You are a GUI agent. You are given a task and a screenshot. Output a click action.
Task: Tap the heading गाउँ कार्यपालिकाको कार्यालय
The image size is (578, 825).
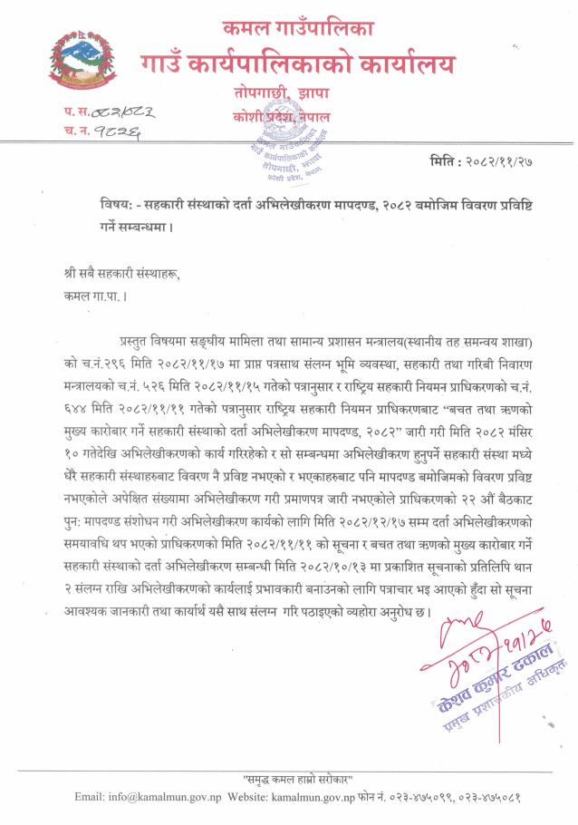[x=297, y=63]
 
